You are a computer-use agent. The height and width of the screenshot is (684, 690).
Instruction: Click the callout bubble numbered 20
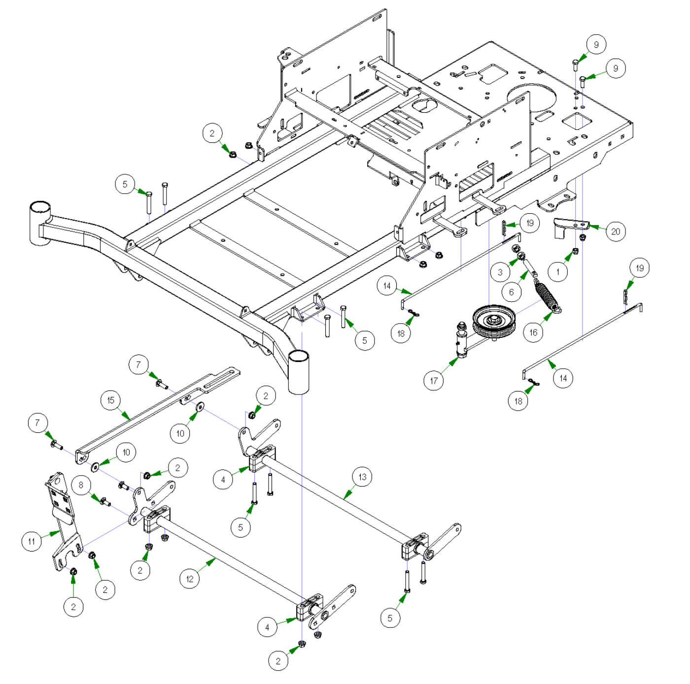click(x=615, y=231)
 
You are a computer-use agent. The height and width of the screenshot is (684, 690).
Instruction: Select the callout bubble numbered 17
click(x=434, y=380)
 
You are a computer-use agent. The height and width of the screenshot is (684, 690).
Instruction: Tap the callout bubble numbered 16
click(x=533, y=332)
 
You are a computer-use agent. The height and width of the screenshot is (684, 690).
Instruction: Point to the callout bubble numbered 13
click(x=362, y=477)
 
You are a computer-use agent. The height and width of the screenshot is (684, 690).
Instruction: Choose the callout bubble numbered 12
click(x=190, y=579)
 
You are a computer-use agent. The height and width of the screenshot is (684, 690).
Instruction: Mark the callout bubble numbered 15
click(x=110, y=400)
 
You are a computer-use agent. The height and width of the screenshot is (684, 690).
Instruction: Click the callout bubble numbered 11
click(x=32, y=542)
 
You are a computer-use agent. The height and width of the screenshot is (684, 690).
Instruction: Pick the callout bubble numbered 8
click(x=81, y=485)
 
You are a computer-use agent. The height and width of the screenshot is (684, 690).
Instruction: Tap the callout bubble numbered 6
click(x=511, y=292)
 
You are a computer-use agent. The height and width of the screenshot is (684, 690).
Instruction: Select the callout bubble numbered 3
click(x=500, y=272)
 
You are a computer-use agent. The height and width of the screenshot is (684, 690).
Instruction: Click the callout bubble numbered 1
click(x=558, y=271)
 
